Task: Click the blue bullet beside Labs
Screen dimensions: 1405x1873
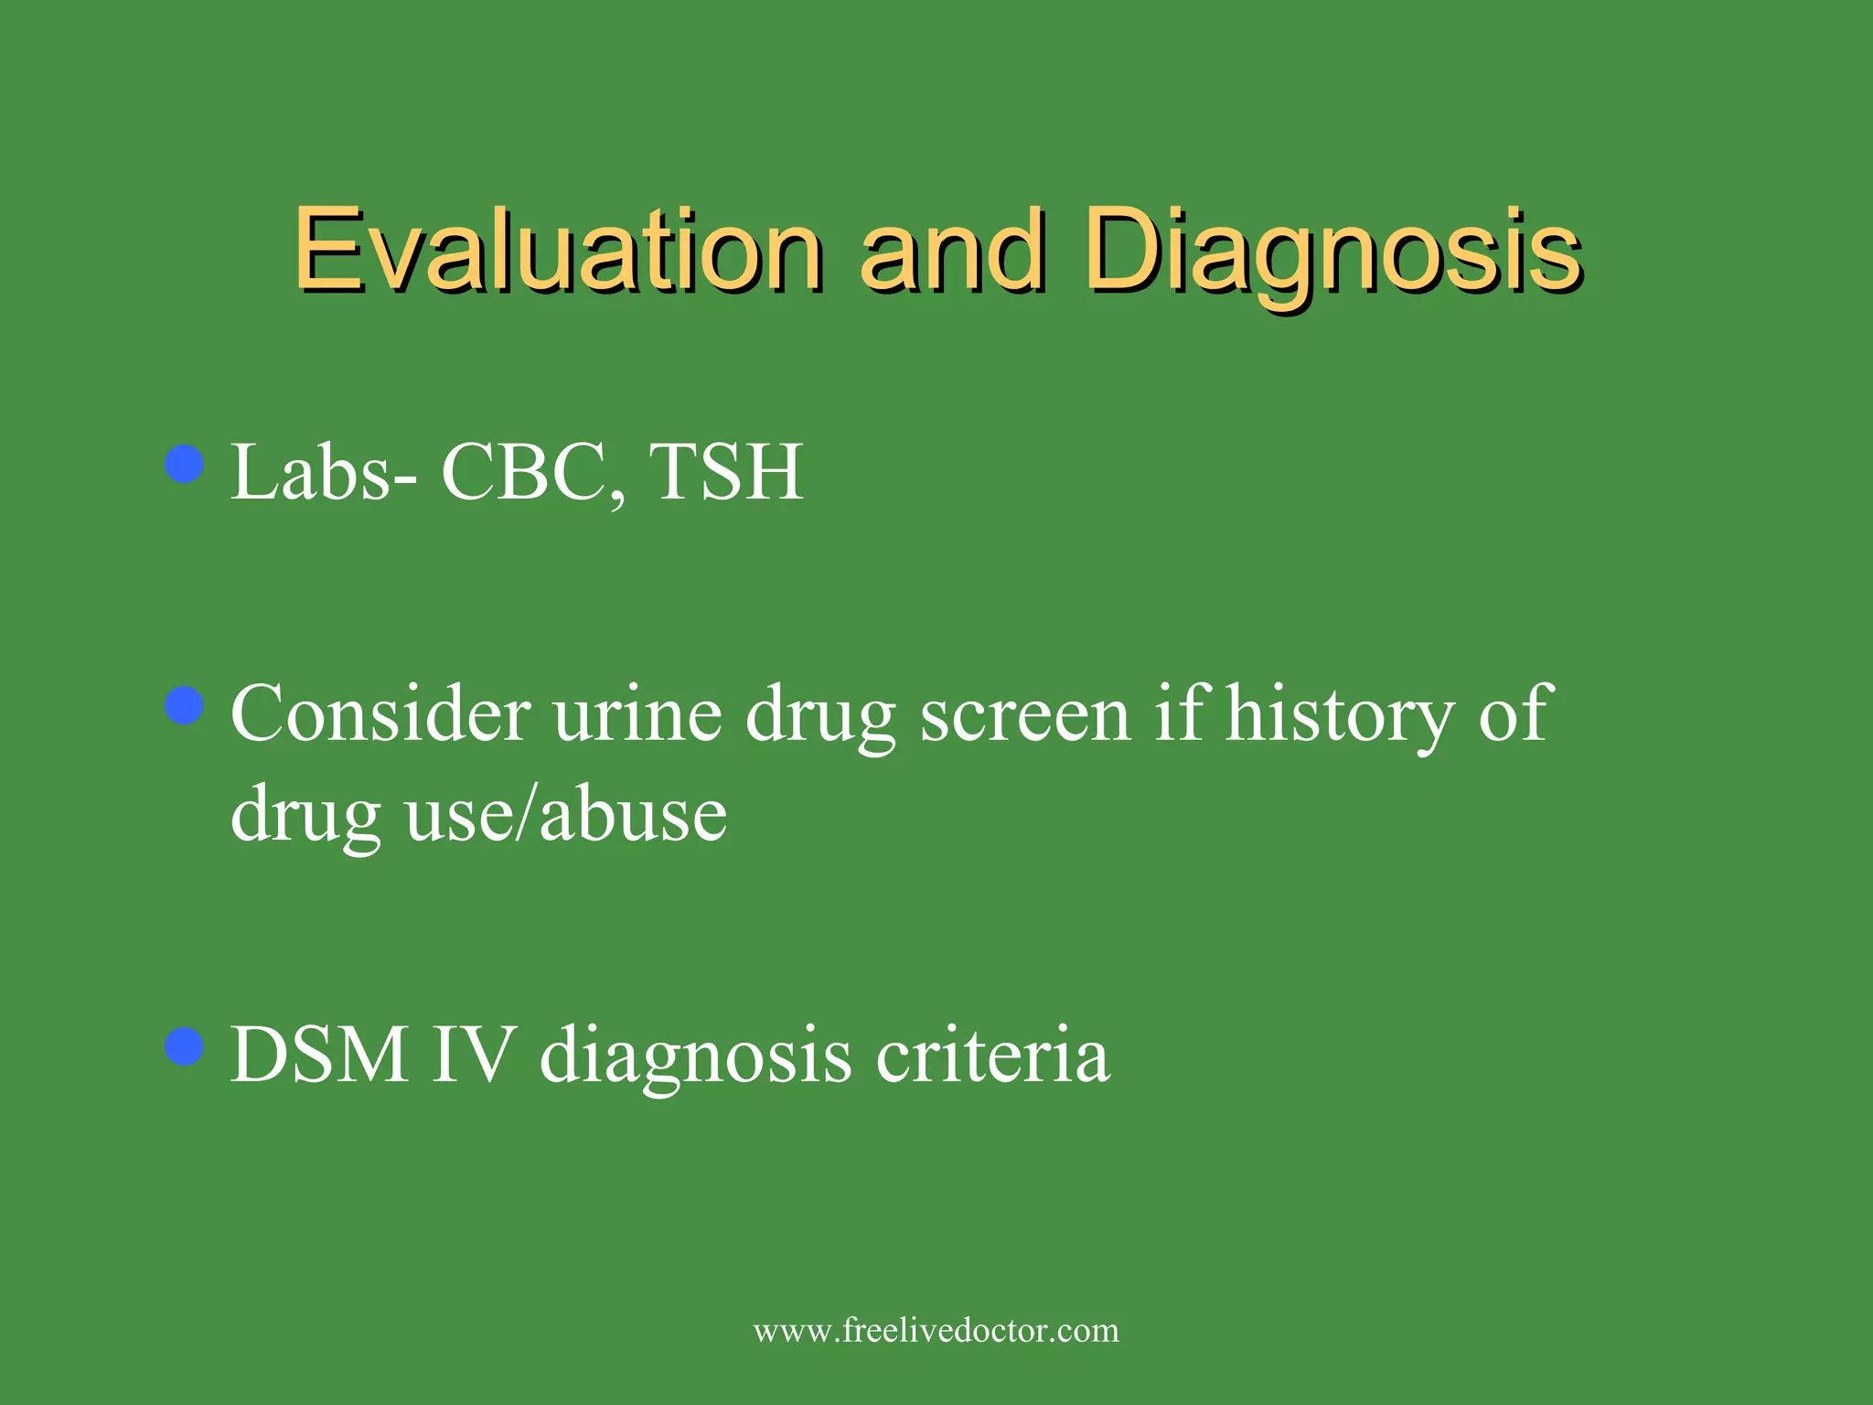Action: (x=185, y=464)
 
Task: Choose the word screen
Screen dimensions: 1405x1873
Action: (x=1025, y=715)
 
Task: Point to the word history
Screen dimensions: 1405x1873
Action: (x=1340, y=715)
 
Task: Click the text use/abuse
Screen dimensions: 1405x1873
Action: (x=566, y=814)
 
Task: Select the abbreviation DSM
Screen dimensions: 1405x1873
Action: (x=319, y=1056)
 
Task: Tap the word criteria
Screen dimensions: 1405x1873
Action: (x=993, y=1056)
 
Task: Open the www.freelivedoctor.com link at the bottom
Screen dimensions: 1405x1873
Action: (x=936, y=1330)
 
